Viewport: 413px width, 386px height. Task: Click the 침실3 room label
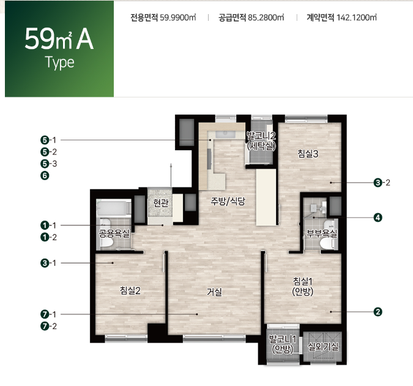coord(308,153)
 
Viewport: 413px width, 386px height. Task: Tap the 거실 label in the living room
coord(214,292)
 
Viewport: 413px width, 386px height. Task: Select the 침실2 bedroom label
coord(130,290)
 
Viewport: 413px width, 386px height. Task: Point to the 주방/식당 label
coord(228,202)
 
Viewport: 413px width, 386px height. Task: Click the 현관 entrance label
coord(161,203)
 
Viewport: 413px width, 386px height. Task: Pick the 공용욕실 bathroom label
coord(114,233)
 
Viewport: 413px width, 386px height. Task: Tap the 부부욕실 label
coord(322,233)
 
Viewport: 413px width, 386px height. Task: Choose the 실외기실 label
coord(323,346)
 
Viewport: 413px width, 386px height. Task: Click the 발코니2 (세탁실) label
coord(261,141)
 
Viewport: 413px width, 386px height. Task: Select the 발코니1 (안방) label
coord(283,344)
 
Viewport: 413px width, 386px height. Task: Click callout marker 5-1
coord(48,140)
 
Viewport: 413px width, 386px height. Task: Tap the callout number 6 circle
coord(45,175)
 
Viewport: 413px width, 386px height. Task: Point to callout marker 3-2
coord(382,183)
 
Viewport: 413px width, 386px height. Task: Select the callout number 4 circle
coord(378,218)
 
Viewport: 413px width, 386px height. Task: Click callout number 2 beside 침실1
coord(378,312)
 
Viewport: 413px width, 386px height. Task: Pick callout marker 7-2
coord(48,326)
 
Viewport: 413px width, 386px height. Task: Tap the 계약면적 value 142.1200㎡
coord(357,18)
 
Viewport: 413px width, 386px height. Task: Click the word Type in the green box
coord(59,62)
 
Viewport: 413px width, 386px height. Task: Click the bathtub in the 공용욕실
coord(114,207)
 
